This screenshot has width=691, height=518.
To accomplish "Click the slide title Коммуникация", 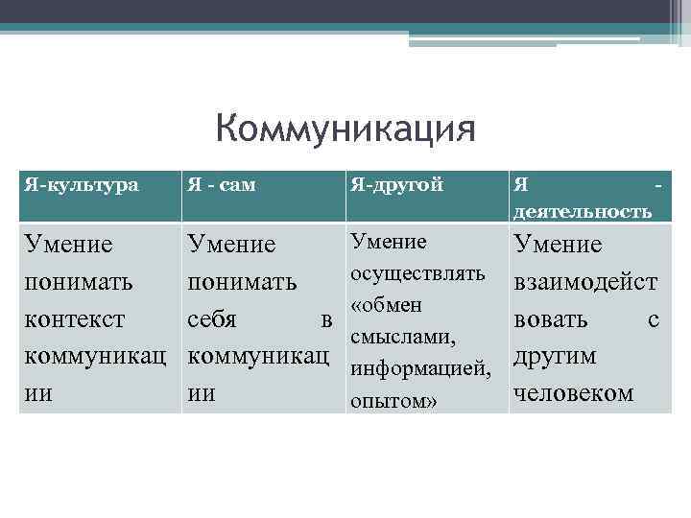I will coord(345,129).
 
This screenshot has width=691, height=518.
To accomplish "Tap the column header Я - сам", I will coord(222,185).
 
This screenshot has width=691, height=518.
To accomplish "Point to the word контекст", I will coord(73,319).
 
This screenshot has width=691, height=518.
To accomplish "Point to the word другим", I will coord(556,356).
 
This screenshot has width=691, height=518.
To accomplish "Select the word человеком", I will coord(574,392).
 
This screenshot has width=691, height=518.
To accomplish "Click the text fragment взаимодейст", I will coord(585,283).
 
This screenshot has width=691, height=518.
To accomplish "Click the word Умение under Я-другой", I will coord(389,242).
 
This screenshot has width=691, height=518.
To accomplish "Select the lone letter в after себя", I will coord(326,320).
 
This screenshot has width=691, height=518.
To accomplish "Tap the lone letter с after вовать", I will coord(654,320).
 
